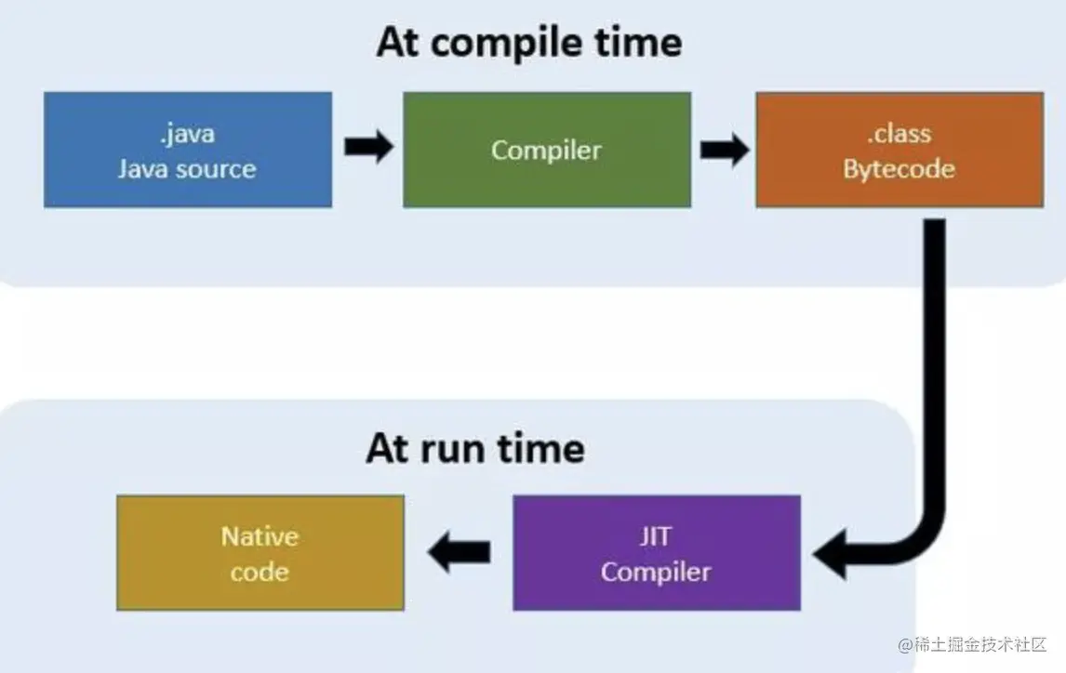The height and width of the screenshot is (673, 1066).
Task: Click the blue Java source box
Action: tap(188, 150)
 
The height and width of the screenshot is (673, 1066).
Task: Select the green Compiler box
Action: tap(547, 150)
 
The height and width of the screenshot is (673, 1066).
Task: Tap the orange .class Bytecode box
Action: tap(899, 150)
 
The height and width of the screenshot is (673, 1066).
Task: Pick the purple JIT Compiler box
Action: tap(656, 553)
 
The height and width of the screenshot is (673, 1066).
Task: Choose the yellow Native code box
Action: tap(260, 553)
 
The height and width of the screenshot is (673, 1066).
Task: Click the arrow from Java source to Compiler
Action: tap(368, 147)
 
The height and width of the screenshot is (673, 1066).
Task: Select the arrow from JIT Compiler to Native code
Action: tap(459, 551)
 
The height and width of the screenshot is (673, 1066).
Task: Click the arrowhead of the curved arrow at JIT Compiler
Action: tap(831, 554)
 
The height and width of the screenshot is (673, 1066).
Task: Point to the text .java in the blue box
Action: tap(187, 133)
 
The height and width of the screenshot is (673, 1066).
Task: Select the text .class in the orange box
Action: tap(899, 133)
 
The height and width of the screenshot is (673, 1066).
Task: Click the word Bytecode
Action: tap(899, 168)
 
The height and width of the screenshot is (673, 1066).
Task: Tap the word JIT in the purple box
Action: tap(656, 536)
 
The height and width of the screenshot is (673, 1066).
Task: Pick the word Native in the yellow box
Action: tap(260, 536)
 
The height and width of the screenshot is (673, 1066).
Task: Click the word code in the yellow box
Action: tap(260, 572)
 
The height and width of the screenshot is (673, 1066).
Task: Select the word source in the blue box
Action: tap(213, 169)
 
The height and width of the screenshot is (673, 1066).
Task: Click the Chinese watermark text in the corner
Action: tap(973, 644)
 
